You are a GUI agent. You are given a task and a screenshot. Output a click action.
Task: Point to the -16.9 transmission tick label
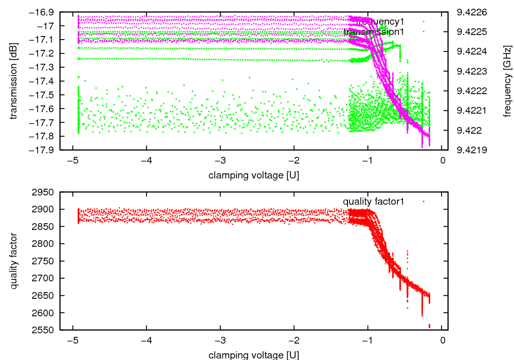(x=45, y=12)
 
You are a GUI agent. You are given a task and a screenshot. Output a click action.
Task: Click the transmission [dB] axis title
(x=14, y=81)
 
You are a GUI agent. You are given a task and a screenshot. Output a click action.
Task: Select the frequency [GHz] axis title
(x=508, y=81)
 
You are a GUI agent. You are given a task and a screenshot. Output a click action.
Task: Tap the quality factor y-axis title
(x=14, y=261)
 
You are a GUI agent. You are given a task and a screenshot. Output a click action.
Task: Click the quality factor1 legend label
(x=373, y=202)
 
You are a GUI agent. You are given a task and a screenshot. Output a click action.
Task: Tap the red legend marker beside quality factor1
(x=424, y=202)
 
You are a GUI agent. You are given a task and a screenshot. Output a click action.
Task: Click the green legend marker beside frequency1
(x=424, y=22)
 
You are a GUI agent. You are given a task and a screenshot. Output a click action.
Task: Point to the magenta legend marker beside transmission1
(x=424, y=32)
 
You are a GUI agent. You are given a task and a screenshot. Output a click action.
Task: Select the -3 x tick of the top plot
(x=221, y=160)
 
